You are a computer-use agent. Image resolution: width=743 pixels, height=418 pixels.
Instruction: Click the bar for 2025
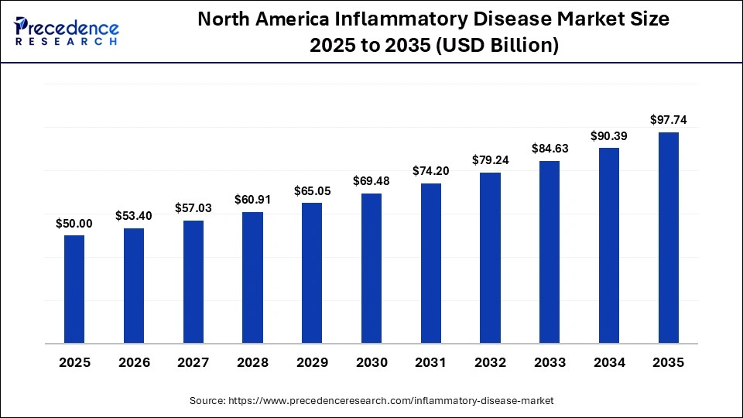[x=74, y=289]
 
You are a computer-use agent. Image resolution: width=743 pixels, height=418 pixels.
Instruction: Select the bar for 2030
[x=371, y=268]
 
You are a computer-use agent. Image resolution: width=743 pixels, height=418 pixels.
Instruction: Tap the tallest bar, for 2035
[x=669, y=237]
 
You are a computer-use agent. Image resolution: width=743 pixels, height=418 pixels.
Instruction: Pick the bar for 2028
[x=252, y=277]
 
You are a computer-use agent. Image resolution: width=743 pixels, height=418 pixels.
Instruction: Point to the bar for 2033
[x=550, y=252]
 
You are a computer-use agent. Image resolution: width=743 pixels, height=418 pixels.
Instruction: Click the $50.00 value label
[x=74, y=224]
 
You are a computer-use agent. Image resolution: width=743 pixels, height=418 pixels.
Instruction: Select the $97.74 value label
[x=669, y=120]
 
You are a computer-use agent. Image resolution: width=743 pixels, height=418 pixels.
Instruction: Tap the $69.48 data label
[x=371, y=181]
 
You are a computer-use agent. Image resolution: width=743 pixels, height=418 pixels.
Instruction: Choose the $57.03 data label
[x=193, y=208]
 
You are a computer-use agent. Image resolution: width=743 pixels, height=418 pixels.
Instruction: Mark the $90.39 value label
[x=609, y=135]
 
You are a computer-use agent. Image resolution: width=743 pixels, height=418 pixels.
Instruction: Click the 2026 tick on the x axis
[x=134, y=362]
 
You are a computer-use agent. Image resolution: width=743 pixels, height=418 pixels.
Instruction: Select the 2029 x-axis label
[x=312, y=362]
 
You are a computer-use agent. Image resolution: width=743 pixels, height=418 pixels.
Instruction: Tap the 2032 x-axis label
[x=490, y=362]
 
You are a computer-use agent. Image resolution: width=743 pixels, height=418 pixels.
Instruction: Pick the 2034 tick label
[x=609, y=362]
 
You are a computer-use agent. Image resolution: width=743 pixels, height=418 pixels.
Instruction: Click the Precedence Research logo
[x=67, y=31]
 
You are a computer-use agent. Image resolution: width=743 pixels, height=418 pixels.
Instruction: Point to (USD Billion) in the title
[x=497, y=46]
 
